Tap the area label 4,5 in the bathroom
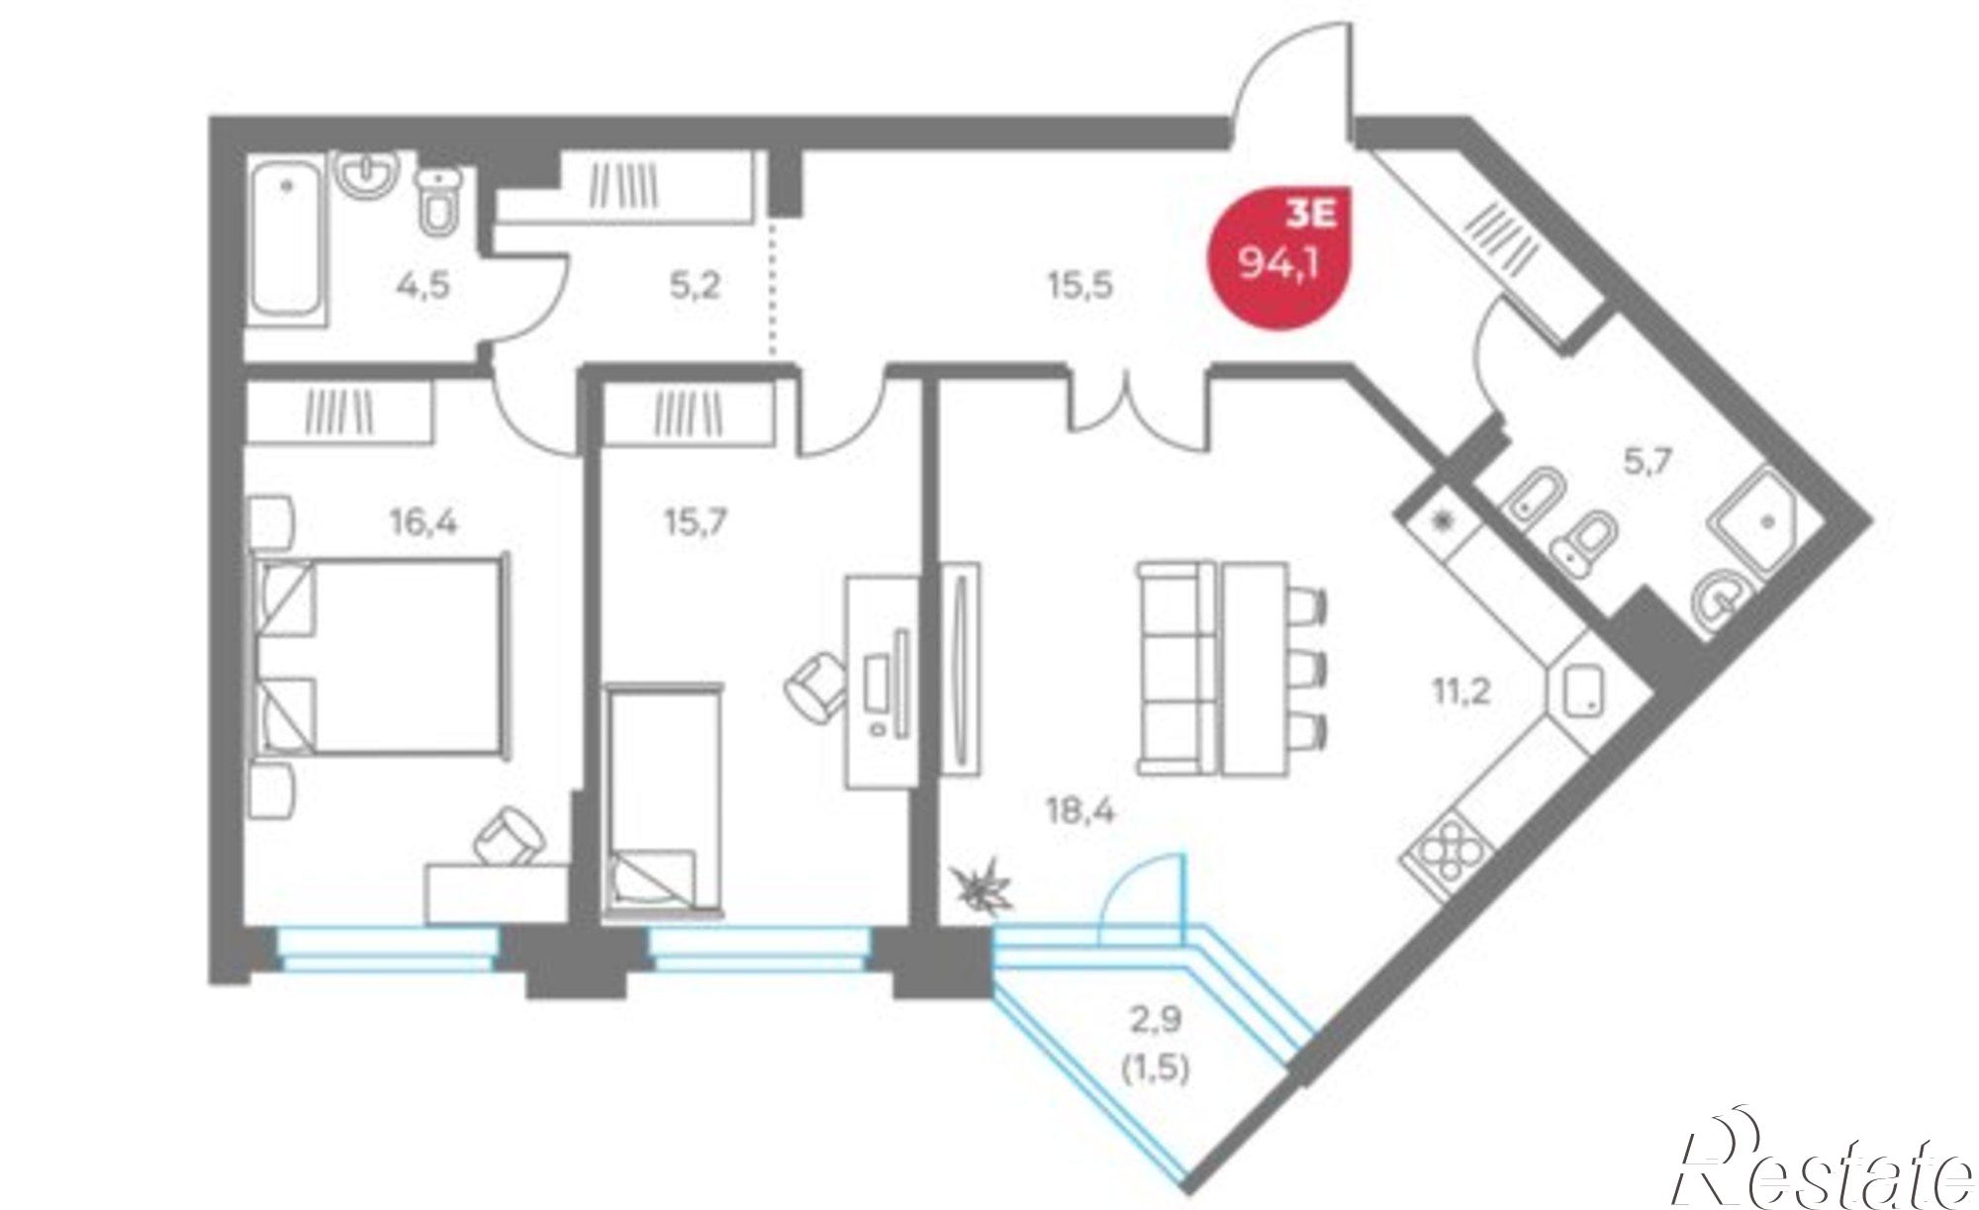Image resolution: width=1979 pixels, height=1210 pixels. pyautogui.click(x=423, y=287)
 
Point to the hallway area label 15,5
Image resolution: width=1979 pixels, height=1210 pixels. pyautogui.click(x=1081, y=286)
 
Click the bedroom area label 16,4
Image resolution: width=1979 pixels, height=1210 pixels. pyautogui.click(x=424, y=520)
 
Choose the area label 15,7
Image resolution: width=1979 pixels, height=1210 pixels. pyautogui.click(x=696, y=520)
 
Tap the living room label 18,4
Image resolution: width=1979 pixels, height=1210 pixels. pyautogui.click(x=1081, y=812)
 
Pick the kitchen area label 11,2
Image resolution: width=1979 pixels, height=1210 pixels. pyautogui.click(x=1461, y=690)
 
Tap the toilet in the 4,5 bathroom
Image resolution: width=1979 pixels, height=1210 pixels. pyautogui.click(x=438, y=200)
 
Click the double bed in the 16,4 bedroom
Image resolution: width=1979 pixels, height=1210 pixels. pyautogui.click(x=380, y=656)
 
